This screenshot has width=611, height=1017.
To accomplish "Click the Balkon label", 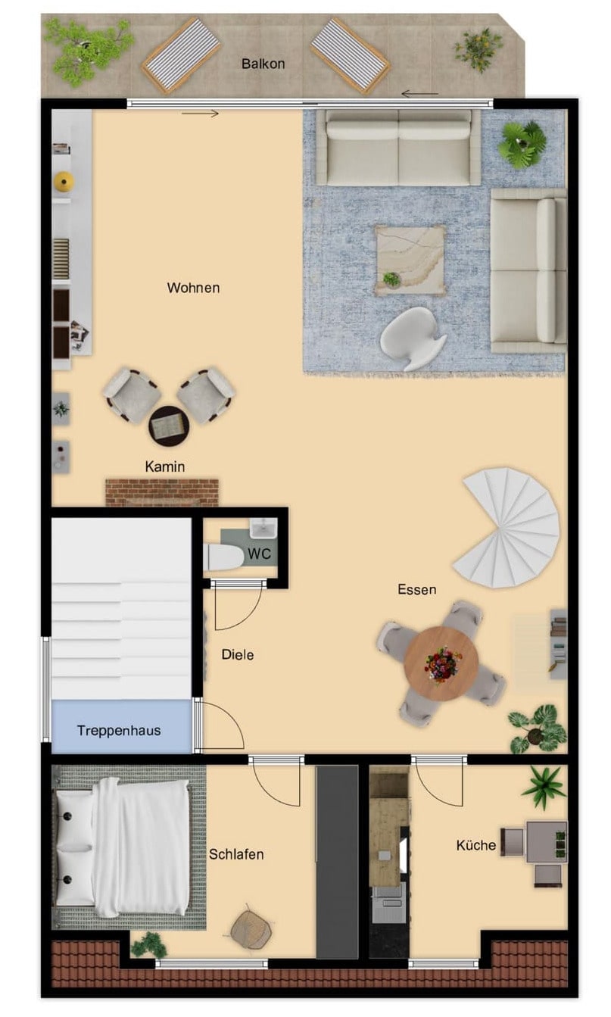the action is tap(263, 64).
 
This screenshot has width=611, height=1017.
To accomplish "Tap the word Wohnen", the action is tap(193, 288).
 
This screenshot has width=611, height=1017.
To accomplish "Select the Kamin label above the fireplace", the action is tap(165, 466).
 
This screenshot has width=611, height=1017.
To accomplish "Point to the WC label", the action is tap(259, 554).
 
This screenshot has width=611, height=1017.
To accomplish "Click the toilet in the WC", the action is tap(224, 557).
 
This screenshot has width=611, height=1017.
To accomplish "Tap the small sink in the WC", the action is tap(263, 529).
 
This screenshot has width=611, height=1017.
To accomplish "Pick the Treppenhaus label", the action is tap(119, 731).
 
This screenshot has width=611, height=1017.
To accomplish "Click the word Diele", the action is tap(238, 654).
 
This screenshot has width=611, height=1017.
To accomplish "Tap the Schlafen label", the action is tap(236, 854).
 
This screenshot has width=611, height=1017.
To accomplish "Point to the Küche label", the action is tap(475, 845).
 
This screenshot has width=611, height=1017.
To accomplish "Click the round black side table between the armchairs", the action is tap(169, 426).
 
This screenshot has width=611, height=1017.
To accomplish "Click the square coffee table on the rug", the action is tap(410, 260).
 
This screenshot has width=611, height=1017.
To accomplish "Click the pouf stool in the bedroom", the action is tap(251, 930).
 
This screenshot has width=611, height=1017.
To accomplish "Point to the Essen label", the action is tap(416, 589).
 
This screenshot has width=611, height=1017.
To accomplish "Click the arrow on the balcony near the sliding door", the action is tap(420, 94).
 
